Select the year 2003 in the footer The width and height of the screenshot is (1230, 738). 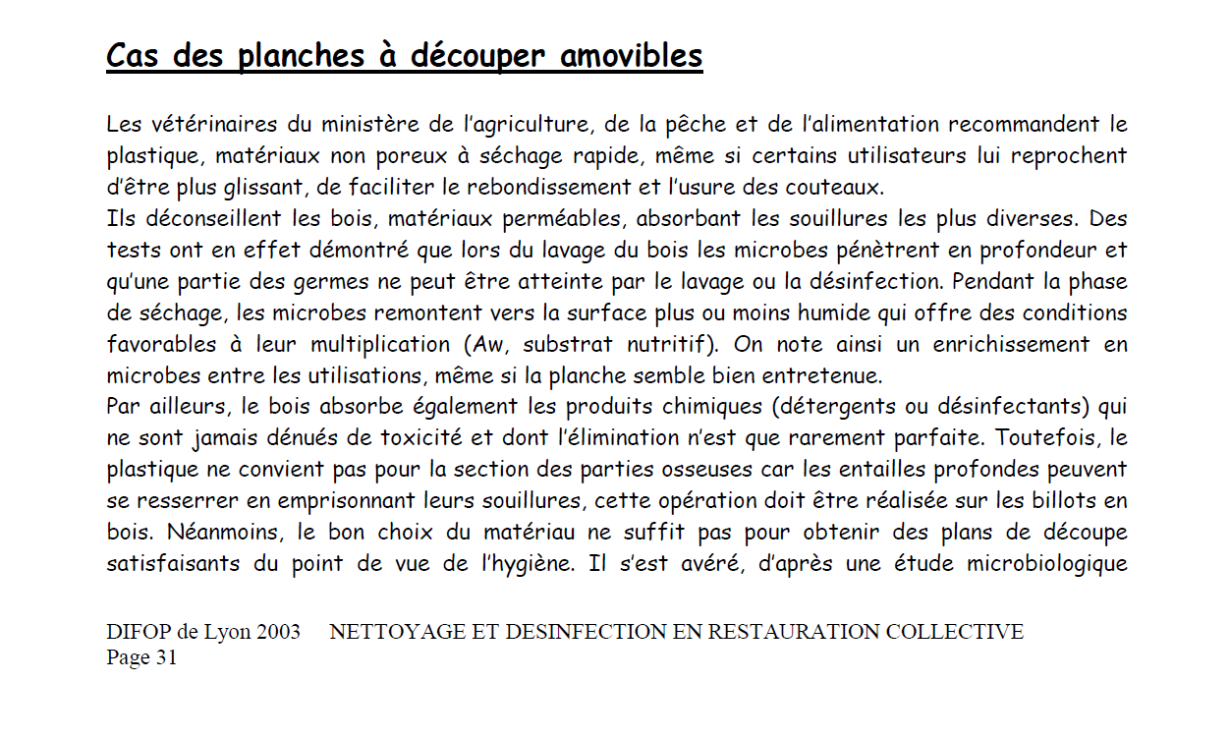click(x=278, y=632)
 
